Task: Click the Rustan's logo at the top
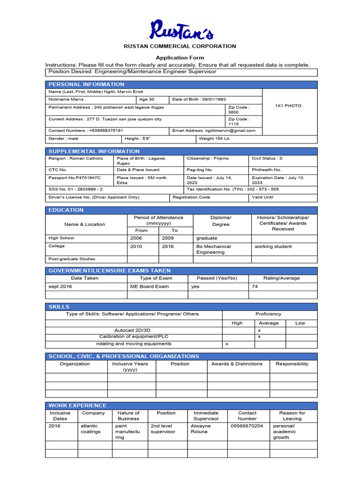(x=181, y=30)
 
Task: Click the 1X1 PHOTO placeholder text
(x=288, y=106)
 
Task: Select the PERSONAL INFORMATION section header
(x=86, y=84)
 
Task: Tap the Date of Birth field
(x=199, y=99)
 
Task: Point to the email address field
(x=214, y=131)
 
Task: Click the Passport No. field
(x=75, y=178)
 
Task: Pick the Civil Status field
(x=267, y=158)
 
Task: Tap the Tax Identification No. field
(x=233, y=189)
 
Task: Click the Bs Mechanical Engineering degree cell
(x=214, y=249)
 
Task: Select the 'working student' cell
(x=273, y=247)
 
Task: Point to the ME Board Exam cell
(x=149, y=286)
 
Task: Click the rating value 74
(x=255, y=286)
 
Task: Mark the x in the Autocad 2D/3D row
(x=259, y=330)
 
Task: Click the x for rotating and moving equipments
(x=227, y=344)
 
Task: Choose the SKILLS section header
(x=59, y=307)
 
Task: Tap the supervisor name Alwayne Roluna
(x=201, y=429)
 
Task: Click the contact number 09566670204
(x=247, y=426)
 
